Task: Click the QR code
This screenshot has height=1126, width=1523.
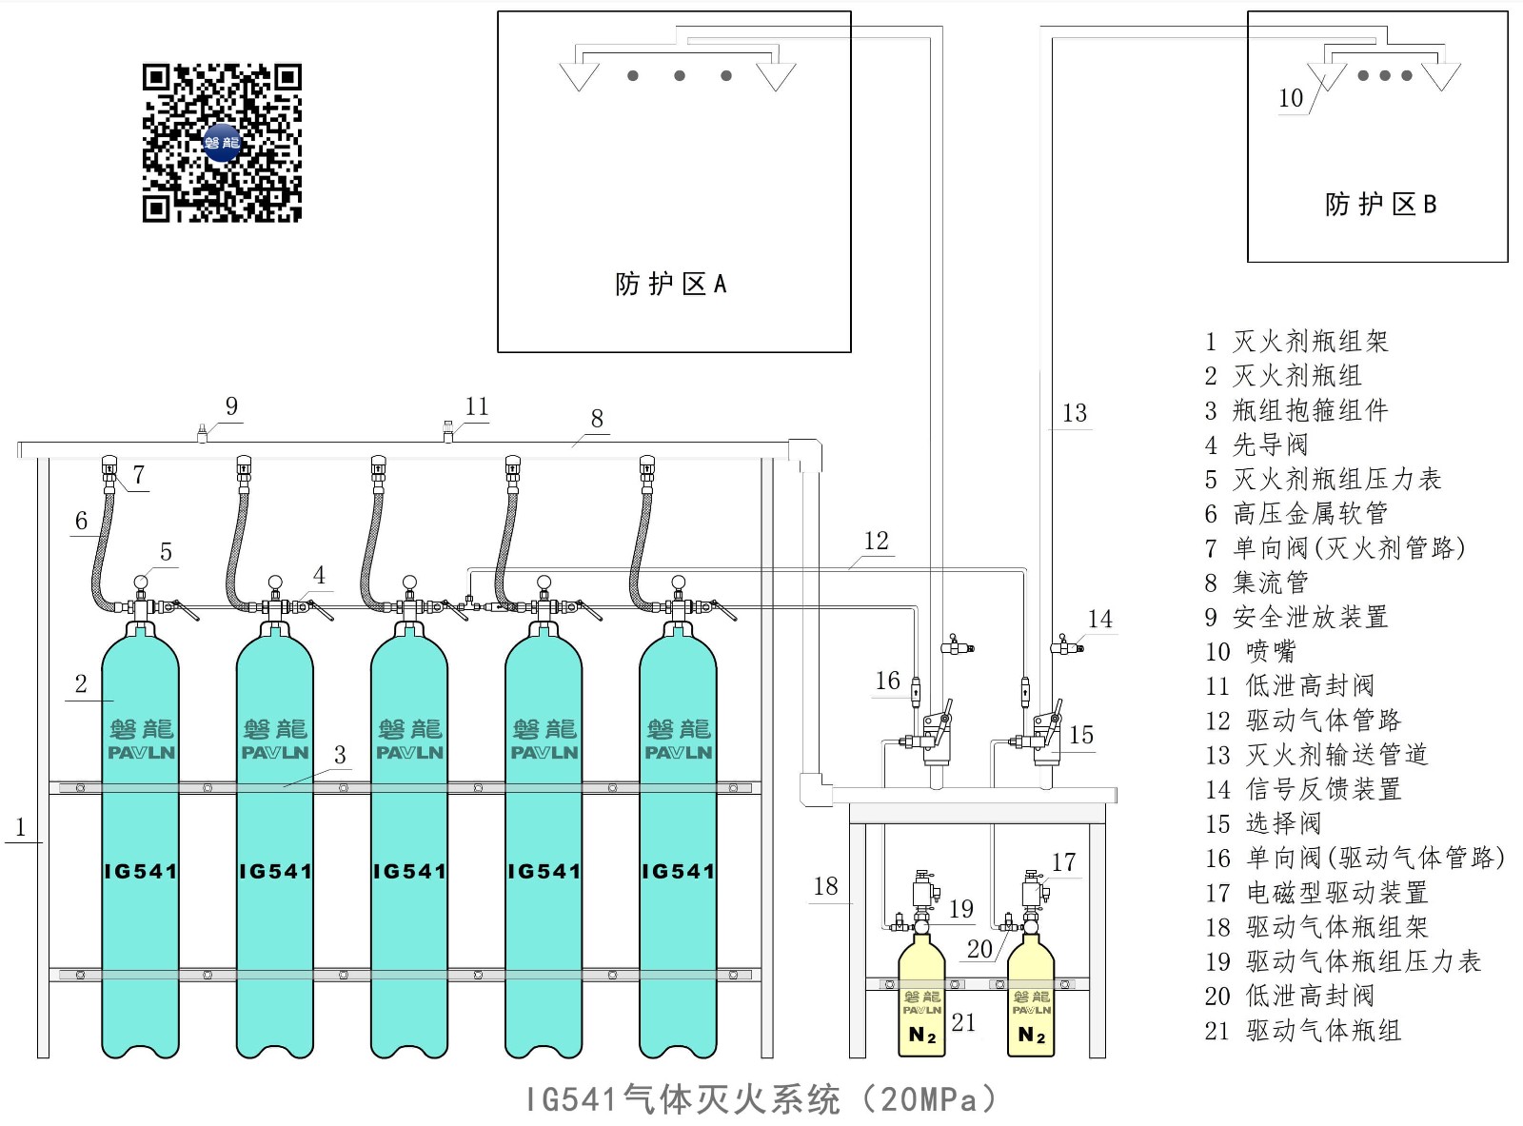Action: tap(222, 143)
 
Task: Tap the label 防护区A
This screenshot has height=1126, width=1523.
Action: tap(671, 284)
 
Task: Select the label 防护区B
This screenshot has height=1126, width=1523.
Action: tap(1380, 205)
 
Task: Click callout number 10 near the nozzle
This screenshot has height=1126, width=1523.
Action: tap(1291, 98)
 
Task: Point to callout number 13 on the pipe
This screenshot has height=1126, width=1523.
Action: tap(1074, 413)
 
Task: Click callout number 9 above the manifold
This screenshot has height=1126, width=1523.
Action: tap(231, 406)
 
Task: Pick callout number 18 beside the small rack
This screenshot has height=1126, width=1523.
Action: tap(825, 886)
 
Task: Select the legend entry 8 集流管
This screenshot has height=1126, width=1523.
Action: tap(1256, 583)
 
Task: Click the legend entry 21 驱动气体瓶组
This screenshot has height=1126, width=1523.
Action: tap(1303, 1030)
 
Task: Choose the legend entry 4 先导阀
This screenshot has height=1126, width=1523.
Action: tap(1256, 444)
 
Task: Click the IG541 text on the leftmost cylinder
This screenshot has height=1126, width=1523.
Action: tap(141, 871)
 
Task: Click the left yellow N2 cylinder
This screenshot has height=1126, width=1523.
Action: tap(921, 999)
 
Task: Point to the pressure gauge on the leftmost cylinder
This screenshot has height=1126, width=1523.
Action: tap(141, 583)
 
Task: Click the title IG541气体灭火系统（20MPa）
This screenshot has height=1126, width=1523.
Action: tap(761, 1099)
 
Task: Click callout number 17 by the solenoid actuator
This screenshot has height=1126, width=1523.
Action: tap(1063, 862)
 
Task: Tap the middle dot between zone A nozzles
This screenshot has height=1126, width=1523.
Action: tap(680, 76)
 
